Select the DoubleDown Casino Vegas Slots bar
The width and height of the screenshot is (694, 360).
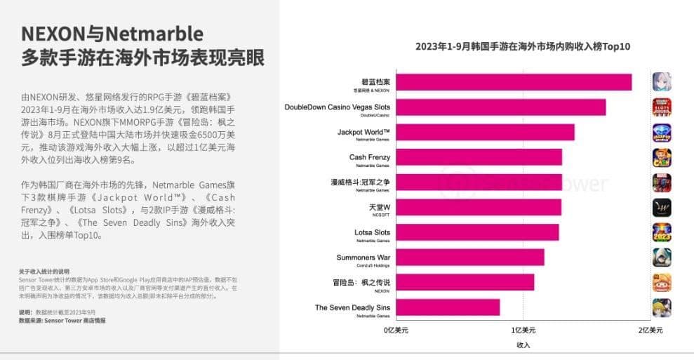pyautogui.click(x=500, y=107)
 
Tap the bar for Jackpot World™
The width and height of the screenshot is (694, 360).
pyautogui.click(x=485, y=133)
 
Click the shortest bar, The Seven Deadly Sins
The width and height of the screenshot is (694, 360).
pyautogui.click(x=448, y=307)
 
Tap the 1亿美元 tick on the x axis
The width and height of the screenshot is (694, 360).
pyautogui.click(x=523, y=329)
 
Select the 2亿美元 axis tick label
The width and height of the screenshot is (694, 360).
pyautogui.click(x=650, y=329)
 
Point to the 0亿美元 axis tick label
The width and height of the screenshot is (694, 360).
pyautogui.click(x=396, y=329)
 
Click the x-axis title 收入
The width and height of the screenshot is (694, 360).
pyautogui.click(x=523, y=345)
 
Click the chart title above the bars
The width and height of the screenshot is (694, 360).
pyautogui.click(x=523, y=46)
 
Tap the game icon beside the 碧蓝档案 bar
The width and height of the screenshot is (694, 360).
pyautogui.click(x=662, y=82)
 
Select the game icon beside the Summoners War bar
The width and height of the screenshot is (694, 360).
pyautogui.click(x=662, y=258)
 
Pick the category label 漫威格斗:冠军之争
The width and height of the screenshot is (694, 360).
pyautogui.click(x=360, y=182)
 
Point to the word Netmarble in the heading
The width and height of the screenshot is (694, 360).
pyautogui.click(x=154, y=34)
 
